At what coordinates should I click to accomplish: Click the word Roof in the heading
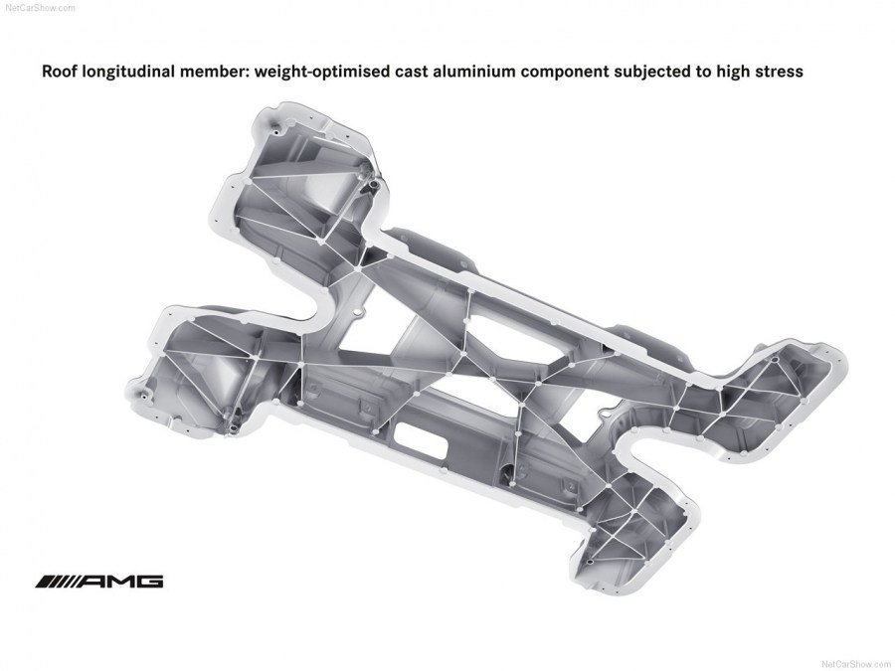coord(56,73)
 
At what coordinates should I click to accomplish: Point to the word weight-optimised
coord(303,73)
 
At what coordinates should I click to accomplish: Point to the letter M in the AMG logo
coord(120,582)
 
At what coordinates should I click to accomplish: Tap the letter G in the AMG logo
coord(149,582)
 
